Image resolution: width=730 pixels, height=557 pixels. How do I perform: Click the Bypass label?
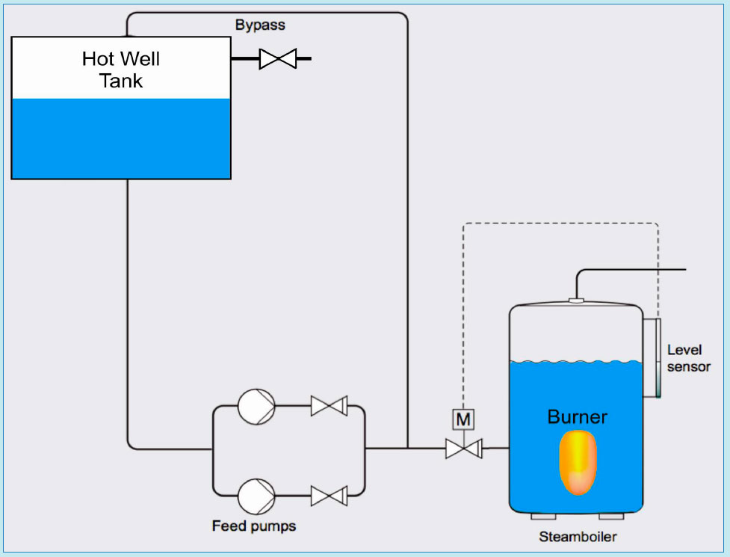260,25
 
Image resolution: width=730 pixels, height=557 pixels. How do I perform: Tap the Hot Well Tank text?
121,70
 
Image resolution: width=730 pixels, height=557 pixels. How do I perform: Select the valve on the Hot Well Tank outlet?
277,58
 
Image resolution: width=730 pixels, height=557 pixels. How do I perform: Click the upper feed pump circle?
256,406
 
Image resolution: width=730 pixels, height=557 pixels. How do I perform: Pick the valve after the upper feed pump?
328,407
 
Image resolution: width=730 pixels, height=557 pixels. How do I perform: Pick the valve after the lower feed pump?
328,495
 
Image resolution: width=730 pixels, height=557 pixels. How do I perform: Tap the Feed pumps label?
254,526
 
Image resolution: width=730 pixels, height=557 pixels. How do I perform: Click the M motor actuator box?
463,419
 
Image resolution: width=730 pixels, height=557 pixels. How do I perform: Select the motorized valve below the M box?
463,449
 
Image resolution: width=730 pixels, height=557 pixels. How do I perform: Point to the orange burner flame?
577,462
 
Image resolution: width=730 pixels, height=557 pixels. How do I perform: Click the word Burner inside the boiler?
577,416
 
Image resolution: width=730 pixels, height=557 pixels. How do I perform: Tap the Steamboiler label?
578,537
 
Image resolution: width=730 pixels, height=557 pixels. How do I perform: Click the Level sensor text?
688,358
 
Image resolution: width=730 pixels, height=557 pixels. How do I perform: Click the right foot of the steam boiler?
611,516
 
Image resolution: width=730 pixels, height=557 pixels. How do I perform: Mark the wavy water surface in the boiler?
575,363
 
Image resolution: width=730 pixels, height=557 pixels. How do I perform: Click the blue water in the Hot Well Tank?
121,138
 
